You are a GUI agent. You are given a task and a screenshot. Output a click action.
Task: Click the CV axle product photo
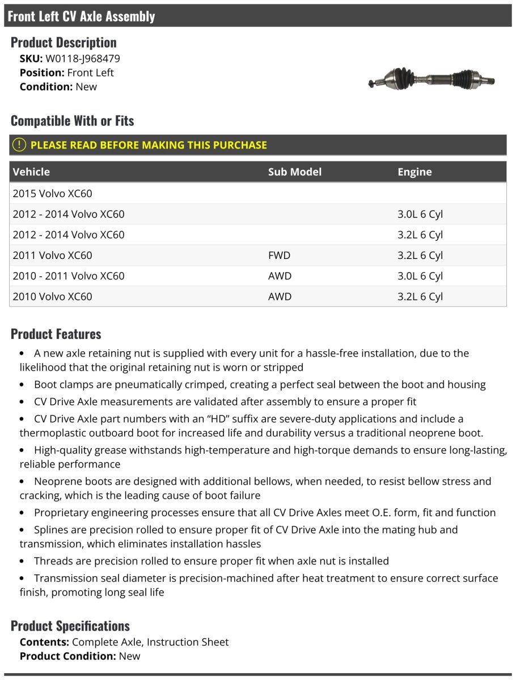[432, 78]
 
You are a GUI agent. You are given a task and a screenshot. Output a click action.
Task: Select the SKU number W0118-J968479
[83, 58]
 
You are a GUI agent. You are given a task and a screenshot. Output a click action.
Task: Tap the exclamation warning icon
[19, 144]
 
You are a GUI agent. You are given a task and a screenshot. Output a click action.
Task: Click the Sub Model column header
[294, 172]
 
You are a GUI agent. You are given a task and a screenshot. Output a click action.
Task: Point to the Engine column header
[415, 172]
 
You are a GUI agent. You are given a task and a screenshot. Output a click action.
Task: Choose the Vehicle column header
[31, 172]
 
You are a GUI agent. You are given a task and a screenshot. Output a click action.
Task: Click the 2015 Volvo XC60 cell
[52, 193]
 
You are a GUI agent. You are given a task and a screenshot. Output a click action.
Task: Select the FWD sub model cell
[279, 255]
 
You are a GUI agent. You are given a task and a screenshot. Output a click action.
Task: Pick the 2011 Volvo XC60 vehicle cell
[52, 255]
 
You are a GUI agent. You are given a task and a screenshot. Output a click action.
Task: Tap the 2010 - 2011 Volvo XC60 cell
[69, 276]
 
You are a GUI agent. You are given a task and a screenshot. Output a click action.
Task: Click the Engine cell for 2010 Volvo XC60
[420, 296]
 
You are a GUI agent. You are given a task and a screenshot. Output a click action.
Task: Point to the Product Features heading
[56, 334]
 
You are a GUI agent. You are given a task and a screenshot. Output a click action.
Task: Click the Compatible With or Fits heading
[72, 121]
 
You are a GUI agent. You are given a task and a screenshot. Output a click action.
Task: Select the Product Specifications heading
[70, 626]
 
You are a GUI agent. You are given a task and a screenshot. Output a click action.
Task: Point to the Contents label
[44, 642]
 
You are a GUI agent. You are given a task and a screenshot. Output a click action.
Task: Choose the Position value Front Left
[90, 73]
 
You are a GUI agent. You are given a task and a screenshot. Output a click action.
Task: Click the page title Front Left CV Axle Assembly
[81, 16]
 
